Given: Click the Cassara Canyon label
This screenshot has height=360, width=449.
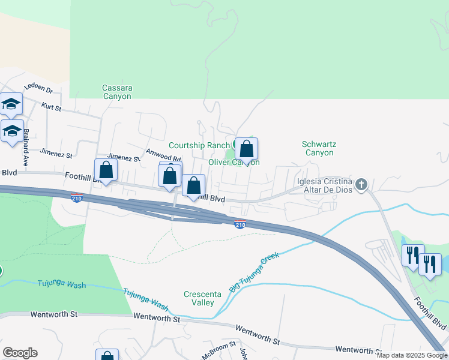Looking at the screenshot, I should click(117, 92).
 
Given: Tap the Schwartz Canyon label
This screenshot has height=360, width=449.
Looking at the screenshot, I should click(318, 148).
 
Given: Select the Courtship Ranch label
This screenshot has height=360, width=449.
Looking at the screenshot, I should click(199, 145).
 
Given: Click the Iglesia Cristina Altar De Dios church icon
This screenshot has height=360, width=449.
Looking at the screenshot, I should click(361, 184).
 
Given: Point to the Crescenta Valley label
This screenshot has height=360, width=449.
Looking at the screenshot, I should click(199, 298).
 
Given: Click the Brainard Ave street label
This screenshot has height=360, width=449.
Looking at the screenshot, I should click(26, 153).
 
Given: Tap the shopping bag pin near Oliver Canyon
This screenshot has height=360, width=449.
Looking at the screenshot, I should click(247, 148).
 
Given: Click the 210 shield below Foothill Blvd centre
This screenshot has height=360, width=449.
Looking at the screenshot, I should click(240, 224).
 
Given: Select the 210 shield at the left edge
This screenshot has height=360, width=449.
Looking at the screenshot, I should click(76, 197).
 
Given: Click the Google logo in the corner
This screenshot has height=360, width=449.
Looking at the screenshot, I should click(20, 353).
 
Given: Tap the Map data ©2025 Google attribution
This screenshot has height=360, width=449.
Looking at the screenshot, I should click(412, 355).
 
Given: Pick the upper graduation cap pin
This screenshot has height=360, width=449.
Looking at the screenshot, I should click(11, 104).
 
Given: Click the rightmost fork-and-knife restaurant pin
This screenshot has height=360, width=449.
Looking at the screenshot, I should click(430, 263).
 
